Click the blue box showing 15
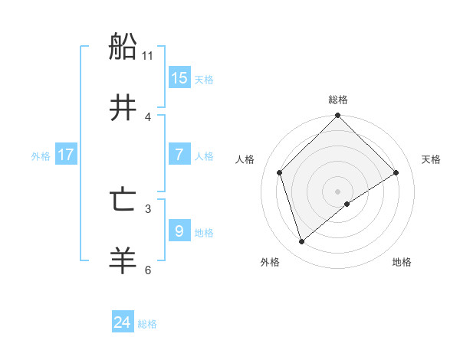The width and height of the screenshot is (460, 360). [179, 78]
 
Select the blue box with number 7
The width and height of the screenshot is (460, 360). [179, 155]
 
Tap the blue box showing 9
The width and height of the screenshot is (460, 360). [179, 231]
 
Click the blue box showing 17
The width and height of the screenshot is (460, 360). [66, 155]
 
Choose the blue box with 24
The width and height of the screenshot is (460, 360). [123, 322]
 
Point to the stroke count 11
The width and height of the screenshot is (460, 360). [148, 56]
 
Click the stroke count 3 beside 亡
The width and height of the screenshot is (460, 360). [148, 208]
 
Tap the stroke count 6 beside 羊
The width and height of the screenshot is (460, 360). [148, 270]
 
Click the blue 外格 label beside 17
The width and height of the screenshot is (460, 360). [41, 155]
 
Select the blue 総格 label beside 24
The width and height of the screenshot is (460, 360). [147, 324]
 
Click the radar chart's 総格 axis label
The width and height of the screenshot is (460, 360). [338, 100]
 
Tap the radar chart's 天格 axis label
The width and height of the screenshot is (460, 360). [432, 159]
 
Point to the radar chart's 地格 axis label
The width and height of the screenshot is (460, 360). [402, 262]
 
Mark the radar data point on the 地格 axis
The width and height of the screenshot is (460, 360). [347, 204]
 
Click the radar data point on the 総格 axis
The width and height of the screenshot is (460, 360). [338, 116]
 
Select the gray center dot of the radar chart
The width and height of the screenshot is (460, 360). [338, 191]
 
